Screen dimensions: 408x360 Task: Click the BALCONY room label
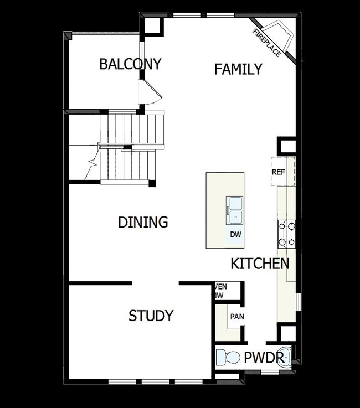tap(130, 64)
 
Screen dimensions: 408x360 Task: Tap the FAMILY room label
tap(238, 69)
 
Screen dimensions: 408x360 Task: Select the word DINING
tap(143, 223)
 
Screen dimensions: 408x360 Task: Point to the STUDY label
tap(151, 316)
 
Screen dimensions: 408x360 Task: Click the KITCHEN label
tap(260, 264)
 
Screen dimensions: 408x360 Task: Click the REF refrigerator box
tap(278, 172)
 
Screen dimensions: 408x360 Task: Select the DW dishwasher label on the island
tap(236, 235)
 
